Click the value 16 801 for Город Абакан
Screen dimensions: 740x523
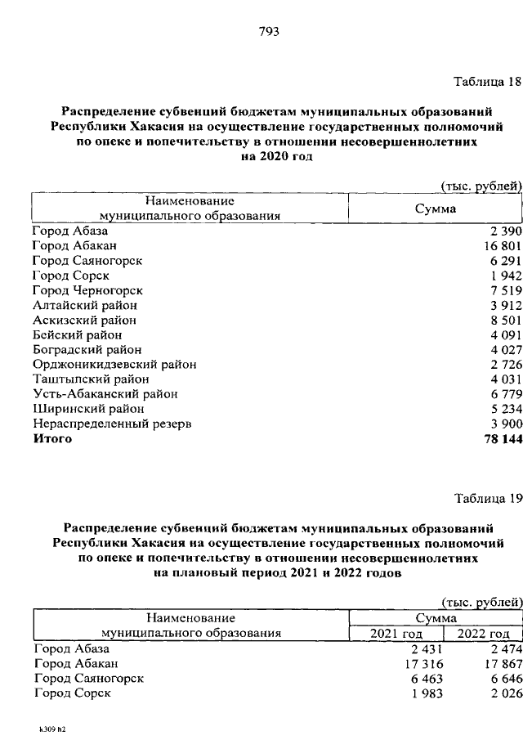(499, 245)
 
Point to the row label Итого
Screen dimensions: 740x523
(52, 439)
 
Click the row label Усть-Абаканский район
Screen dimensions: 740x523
(105, 394)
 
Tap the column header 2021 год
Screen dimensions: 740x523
(396, 633)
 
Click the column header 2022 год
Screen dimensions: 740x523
(483, 633)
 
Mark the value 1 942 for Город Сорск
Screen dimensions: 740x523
(503, 276)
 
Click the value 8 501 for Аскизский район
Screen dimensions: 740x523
(503, 321)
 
